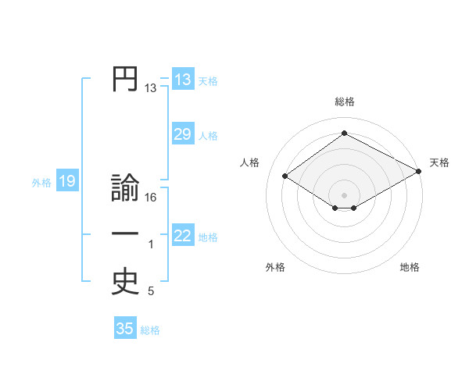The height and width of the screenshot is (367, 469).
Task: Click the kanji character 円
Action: (x=125, y=80)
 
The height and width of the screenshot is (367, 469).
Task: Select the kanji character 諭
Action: (x=125, y=190)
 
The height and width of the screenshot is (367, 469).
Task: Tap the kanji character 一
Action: (x=125, y=235)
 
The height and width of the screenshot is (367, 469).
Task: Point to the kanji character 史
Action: (x=125, y=281)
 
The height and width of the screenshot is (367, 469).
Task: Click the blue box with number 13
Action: (x=183, y=80)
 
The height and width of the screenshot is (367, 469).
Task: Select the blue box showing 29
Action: (x=183, y=134)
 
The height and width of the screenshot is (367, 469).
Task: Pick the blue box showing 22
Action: (x=183, y=236)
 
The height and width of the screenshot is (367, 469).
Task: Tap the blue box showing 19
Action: (x=66, y=182)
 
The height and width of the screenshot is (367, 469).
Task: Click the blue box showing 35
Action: (x=125, y=329)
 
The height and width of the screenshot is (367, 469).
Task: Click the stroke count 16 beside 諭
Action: (x=151, y=198)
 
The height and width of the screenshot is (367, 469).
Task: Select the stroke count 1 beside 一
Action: (x=151, y=245)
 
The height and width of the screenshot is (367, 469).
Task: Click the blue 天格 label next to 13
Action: (x=208, y=80)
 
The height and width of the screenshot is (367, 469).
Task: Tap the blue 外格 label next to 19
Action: (x=41, y=183)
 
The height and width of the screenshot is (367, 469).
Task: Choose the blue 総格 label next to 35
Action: (x=150, y=330)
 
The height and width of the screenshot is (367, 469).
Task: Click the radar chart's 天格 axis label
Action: (x=439, y=162)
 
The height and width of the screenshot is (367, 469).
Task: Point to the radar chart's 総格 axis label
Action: (x=344, y=102)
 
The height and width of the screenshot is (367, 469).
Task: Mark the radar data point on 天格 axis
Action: (x=419, y=171)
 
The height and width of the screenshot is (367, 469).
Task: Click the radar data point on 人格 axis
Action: (x=285, y=176)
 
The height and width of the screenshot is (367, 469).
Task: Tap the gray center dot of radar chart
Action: (x=344, y=194)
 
